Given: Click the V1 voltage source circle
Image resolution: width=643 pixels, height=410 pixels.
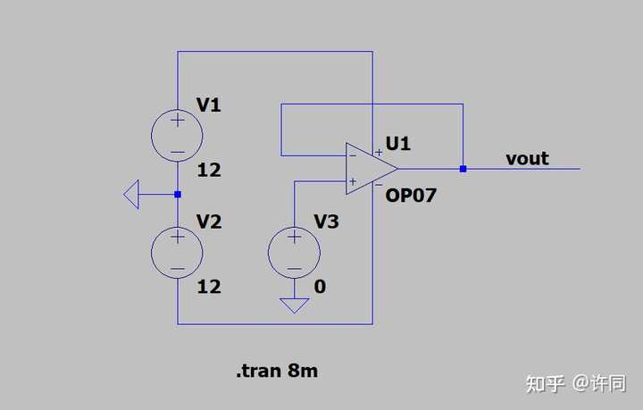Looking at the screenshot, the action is [x=177, y=110].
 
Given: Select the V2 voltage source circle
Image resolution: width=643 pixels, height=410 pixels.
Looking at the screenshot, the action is [x=177, y=227].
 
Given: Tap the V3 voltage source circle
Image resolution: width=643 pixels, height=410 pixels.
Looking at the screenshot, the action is [x=294, y=227].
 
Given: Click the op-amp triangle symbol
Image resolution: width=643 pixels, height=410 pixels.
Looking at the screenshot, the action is [x=347, y=169].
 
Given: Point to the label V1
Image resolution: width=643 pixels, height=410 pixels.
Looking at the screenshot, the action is [x=209, y=105].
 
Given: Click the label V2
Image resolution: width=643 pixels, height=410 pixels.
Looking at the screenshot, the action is [x=209, y=222].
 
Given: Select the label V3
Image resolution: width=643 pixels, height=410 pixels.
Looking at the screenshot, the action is [x=327, y=222].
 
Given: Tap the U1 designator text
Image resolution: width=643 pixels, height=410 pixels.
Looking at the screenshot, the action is [x=397, y=144].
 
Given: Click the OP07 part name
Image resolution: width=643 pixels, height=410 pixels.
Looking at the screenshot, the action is [x=411, y=196].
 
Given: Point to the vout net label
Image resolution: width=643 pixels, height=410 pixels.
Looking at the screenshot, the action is [x=527, y=159].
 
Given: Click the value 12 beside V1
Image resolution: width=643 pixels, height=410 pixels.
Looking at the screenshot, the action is [x=209, y=170].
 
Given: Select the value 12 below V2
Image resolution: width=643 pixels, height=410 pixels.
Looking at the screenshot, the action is [x=209, y=287].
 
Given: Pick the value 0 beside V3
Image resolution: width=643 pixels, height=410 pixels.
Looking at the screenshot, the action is [x=320, y=287].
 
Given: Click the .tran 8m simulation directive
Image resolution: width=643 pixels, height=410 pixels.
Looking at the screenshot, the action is [x=277, y=371].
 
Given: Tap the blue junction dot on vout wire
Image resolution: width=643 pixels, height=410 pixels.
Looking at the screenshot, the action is [x=463, y=169].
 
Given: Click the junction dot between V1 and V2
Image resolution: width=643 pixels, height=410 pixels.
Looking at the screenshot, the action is [x=178, y=195].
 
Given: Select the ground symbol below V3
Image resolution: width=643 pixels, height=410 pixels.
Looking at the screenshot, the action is [x=294, y=305].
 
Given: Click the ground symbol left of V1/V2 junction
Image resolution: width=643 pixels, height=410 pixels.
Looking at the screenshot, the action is [x=131, y=195].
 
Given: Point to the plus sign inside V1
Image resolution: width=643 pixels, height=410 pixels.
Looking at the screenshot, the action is [x=178, y=121].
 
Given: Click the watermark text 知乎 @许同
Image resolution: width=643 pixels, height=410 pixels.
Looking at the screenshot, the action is [x=576, y=384].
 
